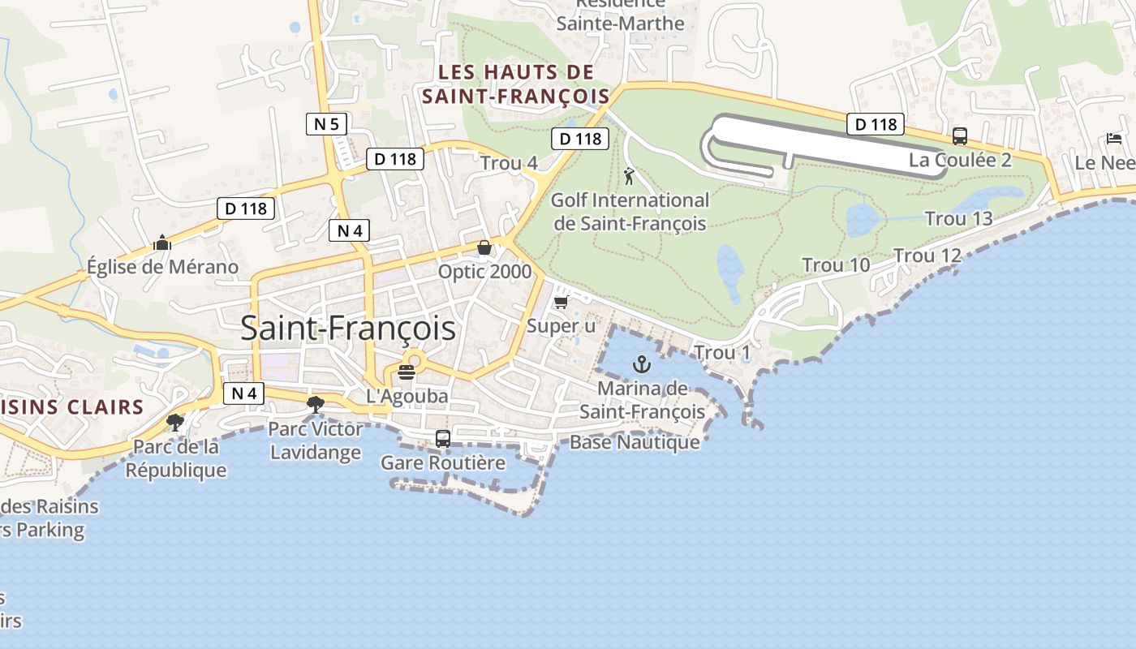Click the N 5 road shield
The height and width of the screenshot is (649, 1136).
tap(327, 124)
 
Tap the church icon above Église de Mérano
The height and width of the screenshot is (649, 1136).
tap(162, 243)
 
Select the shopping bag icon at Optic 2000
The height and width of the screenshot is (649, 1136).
tap(484, 247)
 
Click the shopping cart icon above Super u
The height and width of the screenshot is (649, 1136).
tap(561, 303)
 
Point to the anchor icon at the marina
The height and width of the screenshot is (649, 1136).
tap(642, 364)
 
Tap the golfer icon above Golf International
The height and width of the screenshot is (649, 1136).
tap(629, 175)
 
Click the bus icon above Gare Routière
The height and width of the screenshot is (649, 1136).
tap(443, 439)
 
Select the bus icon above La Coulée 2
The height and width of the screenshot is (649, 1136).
tap(960, 136)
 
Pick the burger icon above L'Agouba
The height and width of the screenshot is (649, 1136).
tap(407, 372)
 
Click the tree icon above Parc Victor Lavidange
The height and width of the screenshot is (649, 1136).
tap(316, 404)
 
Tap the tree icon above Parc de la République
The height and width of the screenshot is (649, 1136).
tap(175, 422)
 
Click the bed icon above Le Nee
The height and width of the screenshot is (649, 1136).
tap(1114, 139)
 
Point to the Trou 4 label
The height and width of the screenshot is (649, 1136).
tap(509, 163)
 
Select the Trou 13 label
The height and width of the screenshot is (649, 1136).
tap(958, 218)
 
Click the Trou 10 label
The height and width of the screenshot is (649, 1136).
tap(836, 264)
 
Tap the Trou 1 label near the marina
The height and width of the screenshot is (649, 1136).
tap(722, 352)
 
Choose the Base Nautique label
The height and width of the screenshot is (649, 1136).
tap(635, 442)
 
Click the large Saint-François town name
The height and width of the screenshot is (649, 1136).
tap(348, 329)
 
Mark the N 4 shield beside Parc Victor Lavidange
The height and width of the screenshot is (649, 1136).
tap(243, 393)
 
